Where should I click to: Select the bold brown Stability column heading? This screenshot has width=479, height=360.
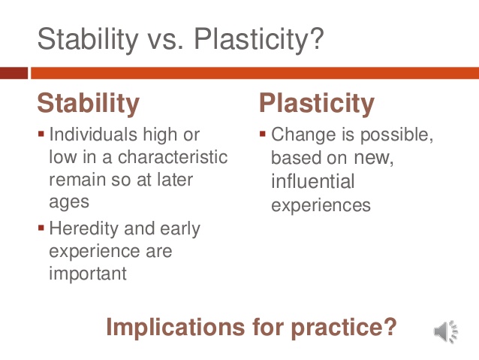[x=88, y=103]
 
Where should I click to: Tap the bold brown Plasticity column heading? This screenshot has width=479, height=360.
[x=316, y=103]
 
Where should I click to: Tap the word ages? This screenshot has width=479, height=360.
[x=69, y=203]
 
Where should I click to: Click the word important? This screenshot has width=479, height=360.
[x=88, y=274]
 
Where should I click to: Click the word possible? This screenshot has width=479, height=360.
[x=397, y=135]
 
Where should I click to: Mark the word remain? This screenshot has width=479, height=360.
[x=78, y=180]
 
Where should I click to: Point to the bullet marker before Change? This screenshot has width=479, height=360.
[x=263, y=135]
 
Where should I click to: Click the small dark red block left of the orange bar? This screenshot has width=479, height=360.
[x=14, y=73]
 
